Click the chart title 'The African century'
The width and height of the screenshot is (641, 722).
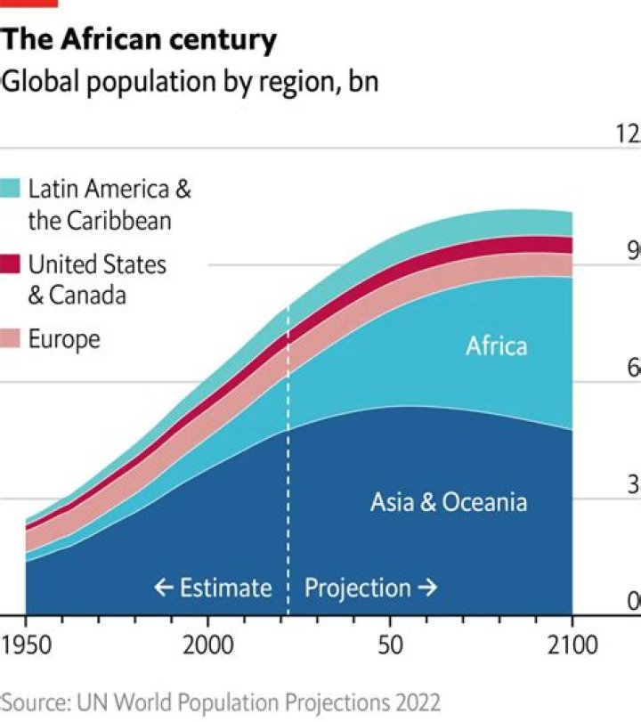coord(139,40)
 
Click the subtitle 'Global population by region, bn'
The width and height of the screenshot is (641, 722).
coord(189,82)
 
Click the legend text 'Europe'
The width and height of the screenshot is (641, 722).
coord(64,339)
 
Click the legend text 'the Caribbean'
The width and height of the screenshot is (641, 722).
coord(99,220)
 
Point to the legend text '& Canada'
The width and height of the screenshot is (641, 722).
coord(77,296)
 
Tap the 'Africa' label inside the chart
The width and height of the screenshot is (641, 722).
coord(496,345)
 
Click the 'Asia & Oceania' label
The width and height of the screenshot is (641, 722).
coord(448,502)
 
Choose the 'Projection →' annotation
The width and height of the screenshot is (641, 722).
coord(371,588)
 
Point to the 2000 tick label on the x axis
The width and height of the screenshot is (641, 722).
coord(207,645)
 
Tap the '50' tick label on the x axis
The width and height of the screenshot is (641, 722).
coord(390,645)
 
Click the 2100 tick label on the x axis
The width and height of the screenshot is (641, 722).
coord(571,645)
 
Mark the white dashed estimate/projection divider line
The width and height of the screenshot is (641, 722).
coord(288,445)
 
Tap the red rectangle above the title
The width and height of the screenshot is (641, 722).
coord(28,4)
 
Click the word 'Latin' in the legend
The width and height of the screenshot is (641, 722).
coord(53,189)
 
